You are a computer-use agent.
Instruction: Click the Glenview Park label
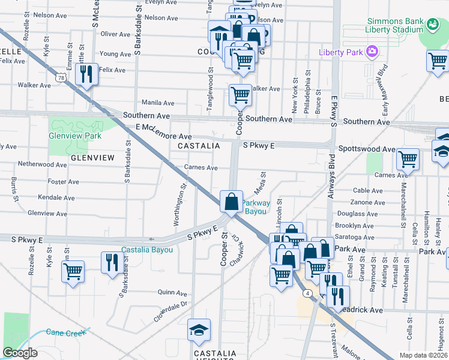76,136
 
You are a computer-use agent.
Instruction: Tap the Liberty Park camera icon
372,52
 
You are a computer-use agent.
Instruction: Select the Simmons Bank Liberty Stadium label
394,25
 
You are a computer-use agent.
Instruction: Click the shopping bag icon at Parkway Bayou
231,202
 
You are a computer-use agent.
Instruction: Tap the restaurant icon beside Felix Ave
86,74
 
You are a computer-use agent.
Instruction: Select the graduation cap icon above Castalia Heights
198,331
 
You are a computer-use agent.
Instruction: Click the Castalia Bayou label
147,250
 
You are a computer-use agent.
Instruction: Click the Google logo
20,353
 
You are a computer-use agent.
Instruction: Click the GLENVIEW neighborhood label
92,157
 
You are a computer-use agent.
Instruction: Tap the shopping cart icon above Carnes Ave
408,160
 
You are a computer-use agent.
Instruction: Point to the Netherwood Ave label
43,164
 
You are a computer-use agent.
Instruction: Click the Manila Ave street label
158,103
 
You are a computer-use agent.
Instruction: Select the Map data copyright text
423,355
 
